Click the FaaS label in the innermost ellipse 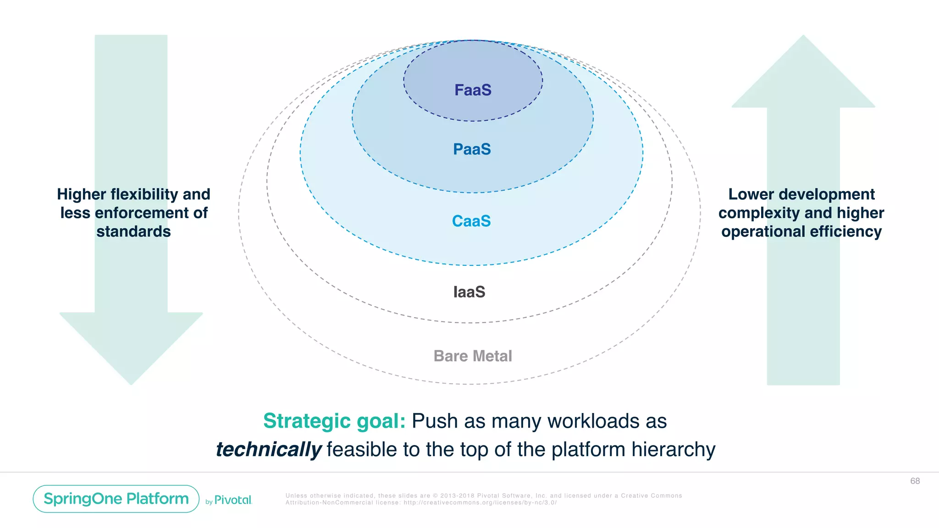click(x=473, y=90)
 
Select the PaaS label click(x=472, y=149)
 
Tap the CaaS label click(x=471, y=221)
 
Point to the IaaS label click(x=469, y=292)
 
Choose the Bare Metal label click(x=473, y=356)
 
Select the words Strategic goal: click(x=334, y=421)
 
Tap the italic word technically click(x=269, y=449)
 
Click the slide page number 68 click(x=915, y=481)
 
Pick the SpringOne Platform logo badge click(x=116, y=499)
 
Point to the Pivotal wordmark click(x=233, y=500)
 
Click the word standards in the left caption click(x=133, y=231)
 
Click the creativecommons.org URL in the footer click(x=480, y=502)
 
